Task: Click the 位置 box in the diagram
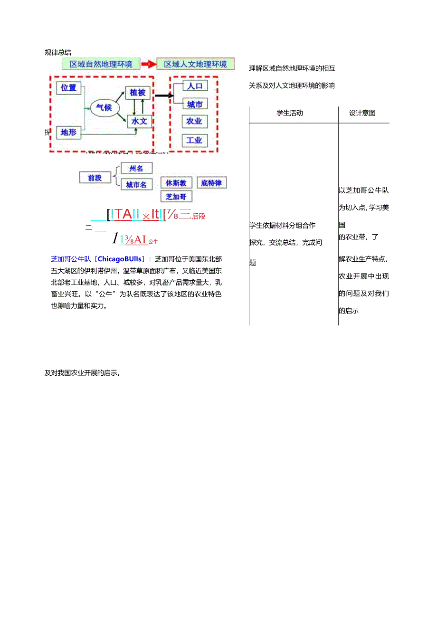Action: pos(69,88)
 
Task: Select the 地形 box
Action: pos(69,133)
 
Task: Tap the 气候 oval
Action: pos(104,108)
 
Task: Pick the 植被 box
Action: pos(138,92)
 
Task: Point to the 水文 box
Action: pos(139,122)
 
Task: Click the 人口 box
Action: pos(195,86)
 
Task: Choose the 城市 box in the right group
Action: pos(195,104)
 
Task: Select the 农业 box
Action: pos(194,122)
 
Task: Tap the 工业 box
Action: pos(194,140)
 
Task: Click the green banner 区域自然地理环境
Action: pos(101,64)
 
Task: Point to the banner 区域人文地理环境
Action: pos(196,64)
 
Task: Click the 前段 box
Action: pos(95,178)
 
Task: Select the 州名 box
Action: pos(136,168)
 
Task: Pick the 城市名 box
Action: pos(136,185)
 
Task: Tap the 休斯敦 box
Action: pos(176,183)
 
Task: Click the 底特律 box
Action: pos(211,183)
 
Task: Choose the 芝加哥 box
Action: pos(176,196)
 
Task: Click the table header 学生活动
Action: pos(289,113)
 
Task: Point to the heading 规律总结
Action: pos(58,52)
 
